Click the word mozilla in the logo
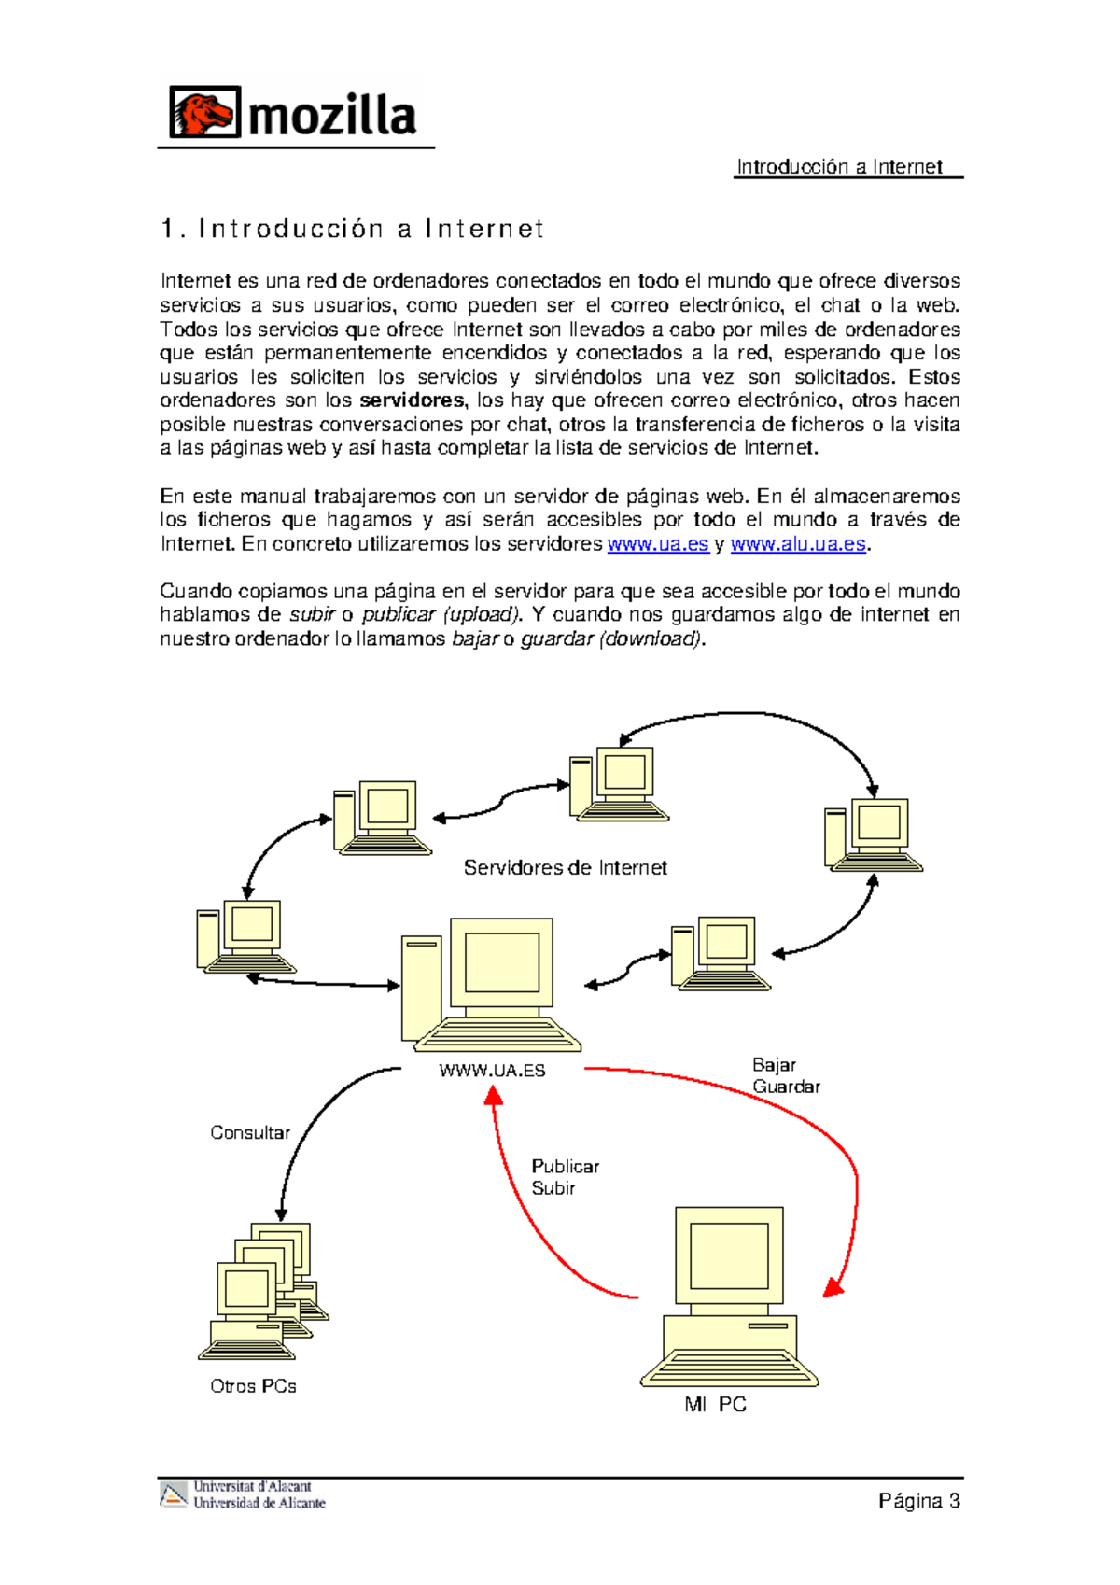(332, 116)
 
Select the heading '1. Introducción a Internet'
(352, 229)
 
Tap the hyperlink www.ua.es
(658, 544)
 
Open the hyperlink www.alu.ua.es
(798, 544)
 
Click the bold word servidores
(412, 400)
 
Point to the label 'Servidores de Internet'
(565, 868)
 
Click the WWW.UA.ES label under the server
(492, 1071)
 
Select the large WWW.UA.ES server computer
(491, 985)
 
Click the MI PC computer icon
(729, 1297)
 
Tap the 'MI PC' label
(715, 1405)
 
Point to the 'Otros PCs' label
(253, 1386)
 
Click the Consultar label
(249, 1132)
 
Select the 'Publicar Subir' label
(564, 1177)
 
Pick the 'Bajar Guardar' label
(785, 1075)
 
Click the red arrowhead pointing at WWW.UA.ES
(493, 1095)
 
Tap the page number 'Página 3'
(918, 1501)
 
